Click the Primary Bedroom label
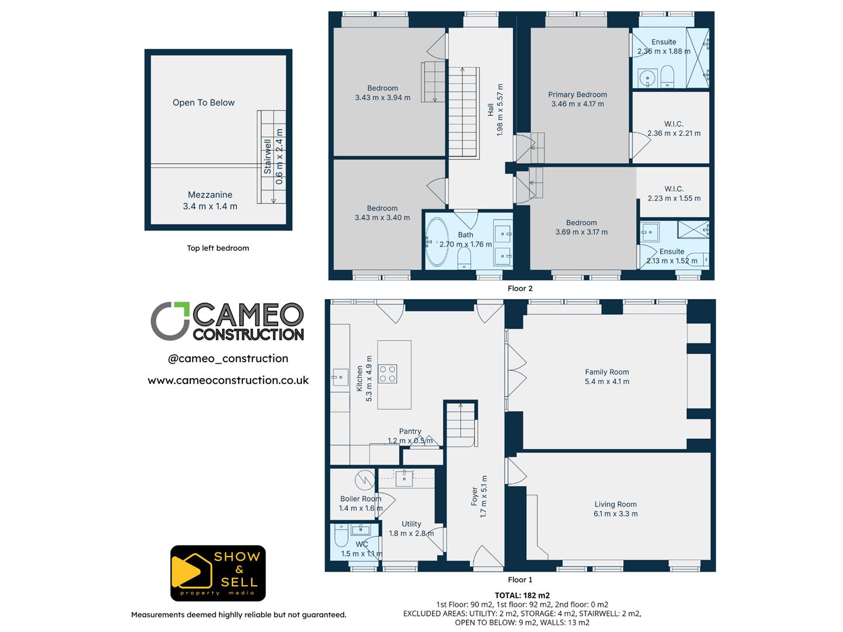pyautogui.click(x=577, y=95)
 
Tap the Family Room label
pyautogui.click(x=606, y=372)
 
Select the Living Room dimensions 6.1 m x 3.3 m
pyautogui.click(x=615, y=514)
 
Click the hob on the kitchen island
pyautogui.click(x=388, y=373)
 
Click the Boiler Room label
pyautogui.click(x=360, y=499)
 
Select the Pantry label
pyautogui.click(x=410, y=431)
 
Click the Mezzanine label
pyautogui.click(x=210, y=195)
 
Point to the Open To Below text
pyautogui.click(x=203, y=102)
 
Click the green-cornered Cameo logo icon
pyautogui.click(x=170, y=321)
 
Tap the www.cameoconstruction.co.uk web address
pyautogui.click(x=228, y=380)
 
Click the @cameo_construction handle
pyautogui.click(x=228, y=359)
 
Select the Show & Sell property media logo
pyautogui.click(x=218, y=573)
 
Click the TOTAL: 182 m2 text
pyautogui.click(x=522, y=596)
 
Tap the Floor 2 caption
pyautogui.click(x=520, y=288)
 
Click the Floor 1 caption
pyautogui.click(x=520, y=580)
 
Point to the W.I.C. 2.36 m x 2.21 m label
pyautogui.click(x=674, y=129)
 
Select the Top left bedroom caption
pyautogui.click(x=218, y=248)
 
